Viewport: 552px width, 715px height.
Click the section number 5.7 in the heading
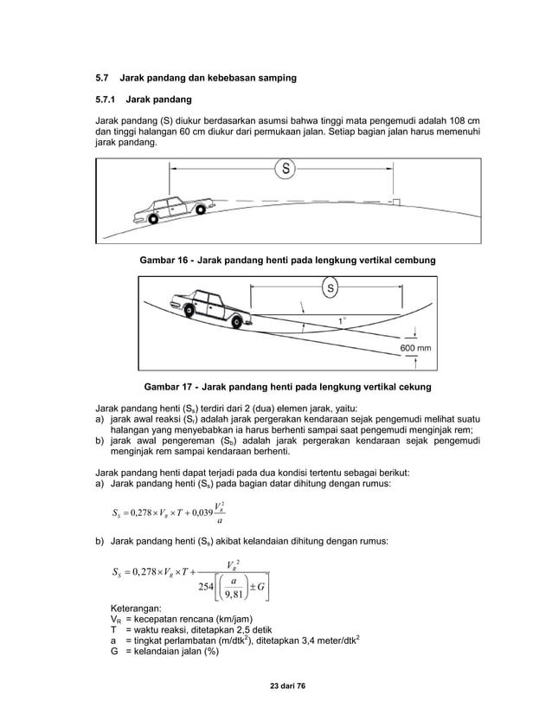click(x=103, y=78)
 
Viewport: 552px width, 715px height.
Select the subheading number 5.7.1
click(x=108, y=100)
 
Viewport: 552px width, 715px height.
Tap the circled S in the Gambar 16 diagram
click(x=283, y=169)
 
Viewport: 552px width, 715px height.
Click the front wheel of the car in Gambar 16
click(x=201, y=209)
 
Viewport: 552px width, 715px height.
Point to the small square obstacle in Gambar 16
click(x=395, y=202)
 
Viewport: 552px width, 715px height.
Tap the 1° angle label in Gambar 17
click(x=343, y=320)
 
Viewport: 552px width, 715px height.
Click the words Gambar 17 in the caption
click(x=167, y=387)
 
